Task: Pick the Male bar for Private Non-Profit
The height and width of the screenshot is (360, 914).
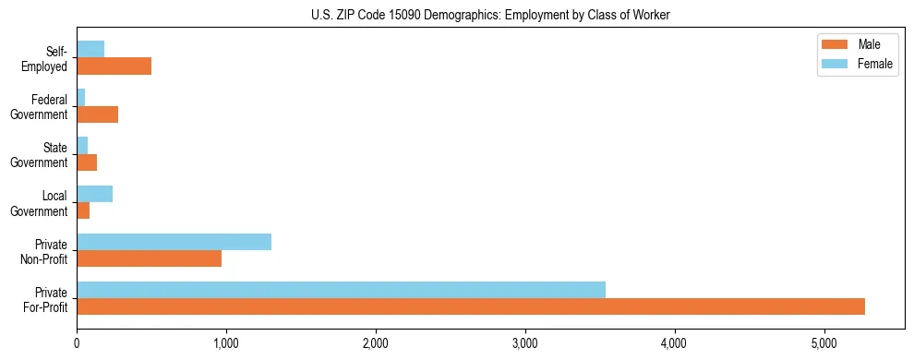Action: pyautogui.click(x=149, y=258)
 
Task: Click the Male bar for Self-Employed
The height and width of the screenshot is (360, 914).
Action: pyautogui.click(x=114, y=66)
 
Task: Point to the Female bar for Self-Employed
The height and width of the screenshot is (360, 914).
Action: pyautogui.click(x=90, y=49)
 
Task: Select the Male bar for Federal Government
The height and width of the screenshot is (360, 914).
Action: pyautogui.click(x=97, y=114)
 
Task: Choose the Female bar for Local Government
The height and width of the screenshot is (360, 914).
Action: pyautogui.click(x=94, y=194)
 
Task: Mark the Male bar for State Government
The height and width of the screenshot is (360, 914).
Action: pyautogui.click(x=87, y=162)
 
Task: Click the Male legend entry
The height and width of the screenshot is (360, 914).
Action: pyautogui.click(x=856, y=45)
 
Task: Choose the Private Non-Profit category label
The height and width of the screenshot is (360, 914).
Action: pyautogui.click(x=45, y=251)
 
